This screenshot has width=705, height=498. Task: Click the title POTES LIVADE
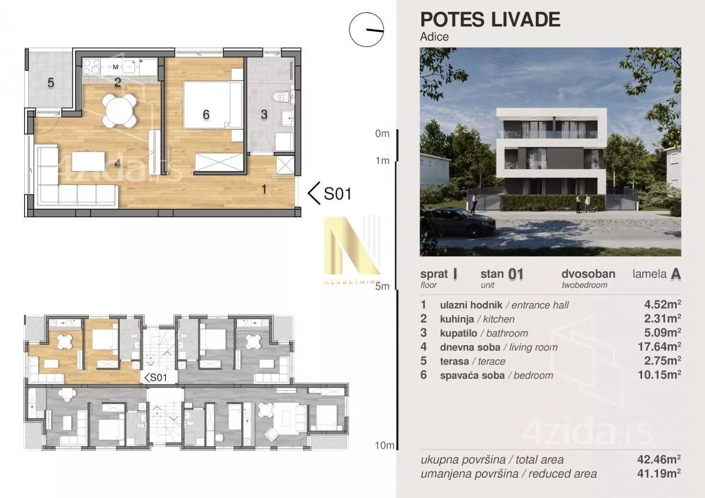click(490, 20)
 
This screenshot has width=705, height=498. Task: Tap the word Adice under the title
click(434, 37)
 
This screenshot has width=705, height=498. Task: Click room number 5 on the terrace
click(51, 83)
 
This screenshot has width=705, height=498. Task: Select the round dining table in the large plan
click(119, 111)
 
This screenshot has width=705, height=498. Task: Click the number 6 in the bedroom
click(206, 115)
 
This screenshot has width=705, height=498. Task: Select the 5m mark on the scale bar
click(382, 287)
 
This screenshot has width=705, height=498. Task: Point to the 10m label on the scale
click(384, 445)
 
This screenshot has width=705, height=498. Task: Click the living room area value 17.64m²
click(659, 346)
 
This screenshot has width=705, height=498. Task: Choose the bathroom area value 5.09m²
click(663, 332)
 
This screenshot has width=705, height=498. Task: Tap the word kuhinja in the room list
click(456, 319)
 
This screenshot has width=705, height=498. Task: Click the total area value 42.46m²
click(659, 459)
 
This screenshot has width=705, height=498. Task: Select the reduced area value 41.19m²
click(659, 473)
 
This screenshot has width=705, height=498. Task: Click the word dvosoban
click(588, 274)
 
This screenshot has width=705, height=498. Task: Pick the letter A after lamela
click(676, 274)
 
